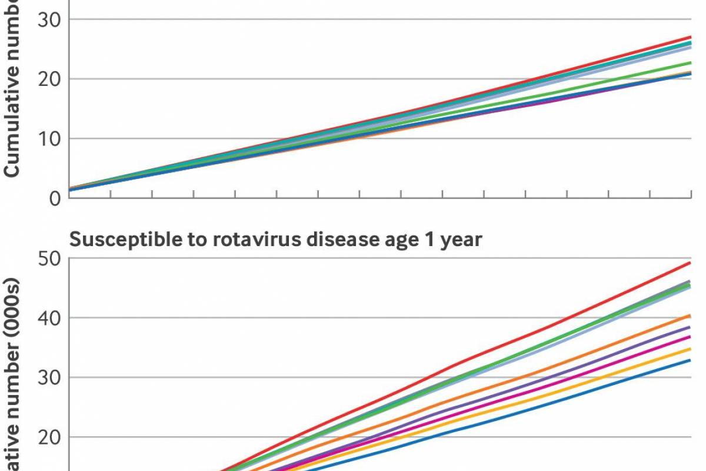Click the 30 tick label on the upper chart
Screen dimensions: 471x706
(50, 19)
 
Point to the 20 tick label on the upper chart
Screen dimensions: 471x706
(50, 79)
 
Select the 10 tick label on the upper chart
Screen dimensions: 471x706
(50, 139)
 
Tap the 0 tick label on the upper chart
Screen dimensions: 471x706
(55, 198)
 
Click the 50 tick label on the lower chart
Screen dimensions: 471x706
(50, 258)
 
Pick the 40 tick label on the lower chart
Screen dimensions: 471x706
(50, 318)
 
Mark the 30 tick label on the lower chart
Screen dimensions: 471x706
(50, 377)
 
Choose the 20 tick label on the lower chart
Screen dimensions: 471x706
(50, 437)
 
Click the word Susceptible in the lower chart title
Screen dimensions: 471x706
(118, 240)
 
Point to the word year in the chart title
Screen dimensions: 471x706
(459, 241)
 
